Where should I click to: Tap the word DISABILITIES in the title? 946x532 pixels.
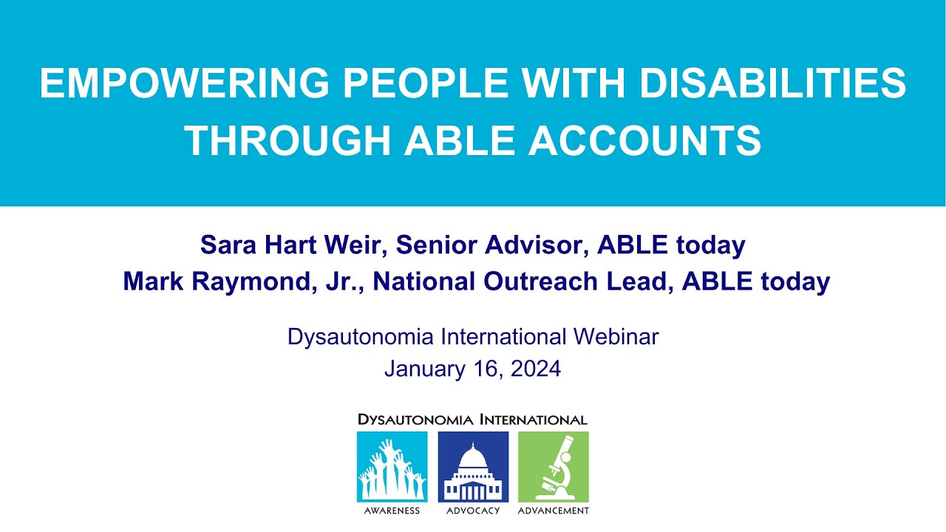pos(773,83)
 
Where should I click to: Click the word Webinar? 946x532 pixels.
pos(616,337)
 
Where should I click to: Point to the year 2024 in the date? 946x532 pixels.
pos(535,368)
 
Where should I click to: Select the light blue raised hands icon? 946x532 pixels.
pos(392,467)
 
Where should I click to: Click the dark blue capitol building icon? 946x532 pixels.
pos(473,467)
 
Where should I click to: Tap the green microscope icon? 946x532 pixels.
pos(554,467)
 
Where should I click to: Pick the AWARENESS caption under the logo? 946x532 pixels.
pos(392,511)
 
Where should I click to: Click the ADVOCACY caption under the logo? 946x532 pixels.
pos(473,511)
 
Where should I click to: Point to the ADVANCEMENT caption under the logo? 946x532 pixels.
pos(554,511)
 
